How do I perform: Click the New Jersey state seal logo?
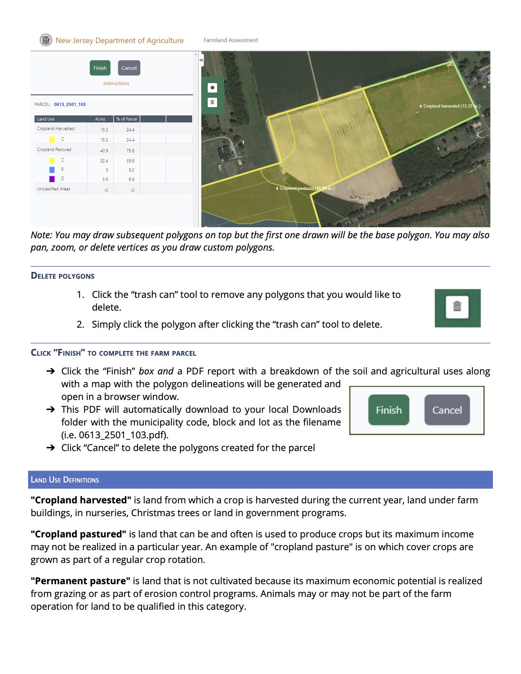[46, 40]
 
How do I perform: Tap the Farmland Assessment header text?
[231, 40]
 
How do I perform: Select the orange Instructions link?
[116, 83]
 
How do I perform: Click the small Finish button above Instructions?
[100, 68]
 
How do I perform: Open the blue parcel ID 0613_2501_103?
[70, 104]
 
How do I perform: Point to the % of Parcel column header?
[126, 119]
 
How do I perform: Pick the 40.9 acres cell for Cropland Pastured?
[104, 151]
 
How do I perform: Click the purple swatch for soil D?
[52, 179]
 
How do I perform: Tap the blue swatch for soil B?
[52, 170]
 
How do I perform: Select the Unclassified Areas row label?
[54, 189]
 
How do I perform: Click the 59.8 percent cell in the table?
[130, 161]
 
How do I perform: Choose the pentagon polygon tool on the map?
[212, 88]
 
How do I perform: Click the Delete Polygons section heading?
[63, 276]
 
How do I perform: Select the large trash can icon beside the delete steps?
[457, 307]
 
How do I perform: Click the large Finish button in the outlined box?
[389, 410]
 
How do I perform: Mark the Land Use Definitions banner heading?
[65, 480]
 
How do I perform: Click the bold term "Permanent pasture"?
[80, 581]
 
